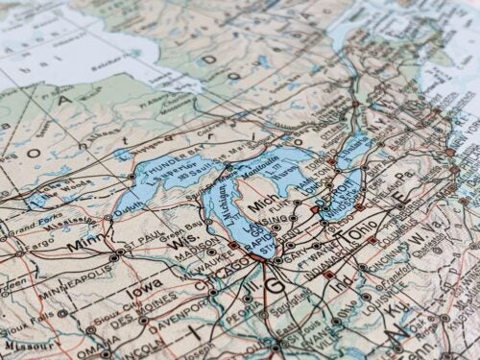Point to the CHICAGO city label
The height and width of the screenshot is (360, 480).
tap(219, 284)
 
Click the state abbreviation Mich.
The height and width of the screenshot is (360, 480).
tap(261, 206)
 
